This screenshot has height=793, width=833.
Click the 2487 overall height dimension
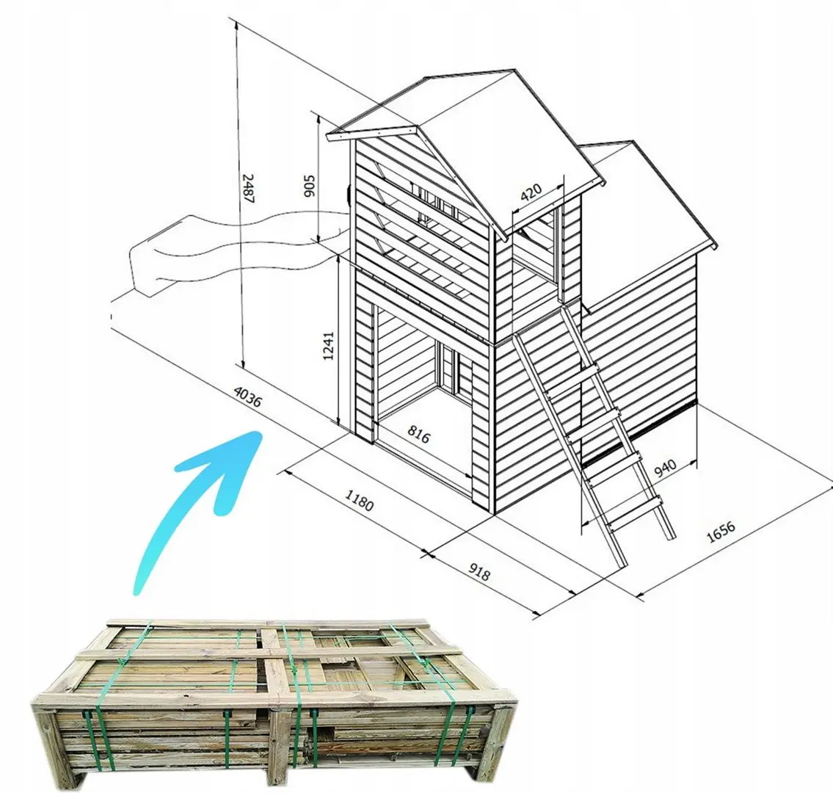tap(249, 189)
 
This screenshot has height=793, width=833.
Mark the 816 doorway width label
tap(418, 436)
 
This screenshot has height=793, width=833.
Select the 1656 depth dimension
tap(721, 532)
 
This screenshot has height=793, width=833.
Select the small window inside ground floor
tap(446, 371)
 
